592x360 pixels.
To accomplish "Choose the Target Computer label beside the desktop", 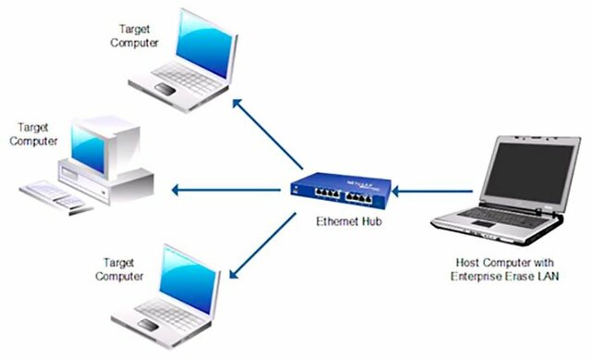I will pyautogui.click(x=32, y=135).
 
